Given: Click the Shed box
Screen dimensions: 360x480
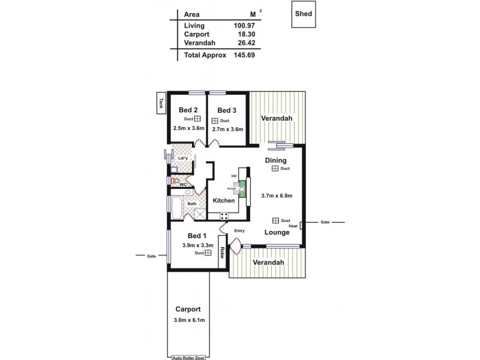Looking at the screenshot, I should click(x=304, y=17).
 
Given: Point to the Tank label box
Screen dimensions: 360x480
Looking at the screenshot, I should click(x=161, y=103).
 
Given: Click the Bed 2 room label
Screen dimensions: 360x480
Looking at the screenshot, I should click(x=188, y=110).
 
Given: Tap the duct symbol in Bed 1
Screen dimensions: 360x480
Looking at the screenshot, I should click(x=208, y=253).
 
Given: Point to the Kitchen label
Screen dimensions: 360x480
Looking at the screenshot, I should click(x=223, y=200).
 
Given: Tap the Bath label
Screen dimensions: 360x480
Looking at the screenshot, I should click(x=192, y=204).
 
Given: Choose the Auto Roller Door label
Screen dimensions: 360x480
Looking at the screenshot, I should click(x=188, y=357).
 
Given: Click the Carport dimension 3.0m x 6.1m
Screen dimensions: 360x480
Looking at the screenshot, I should click(x=188, y=320).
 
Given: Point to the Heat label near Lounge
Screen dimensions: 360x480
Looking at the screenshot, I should click(x=293, y=226).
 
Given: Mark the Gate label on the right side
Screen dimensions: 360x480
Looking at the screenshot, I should click(x=325, y=222).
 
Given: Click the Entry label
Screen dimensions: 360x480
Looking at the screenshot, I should click(x=239, y=230).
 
